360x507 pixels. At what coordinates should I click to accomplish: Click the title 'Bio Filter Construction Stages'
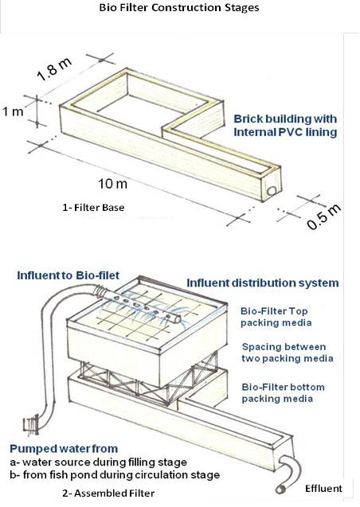179,7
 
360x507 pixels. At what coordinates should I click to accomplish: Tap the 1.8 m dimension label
54,69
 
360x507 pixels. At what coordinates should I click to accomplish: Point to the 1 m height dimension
13,111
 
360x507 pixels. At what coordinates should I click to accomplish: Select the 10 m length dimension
112,184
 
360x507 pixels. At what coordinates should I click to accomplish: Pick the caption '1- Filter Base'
93,207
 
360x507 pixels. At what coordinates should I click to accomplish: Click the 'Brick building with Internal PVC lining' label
285,126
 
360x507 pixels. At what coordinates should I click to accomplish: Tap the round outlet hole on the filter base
272,191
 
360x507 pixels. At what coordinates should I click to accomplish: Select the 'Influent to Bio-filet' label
68,275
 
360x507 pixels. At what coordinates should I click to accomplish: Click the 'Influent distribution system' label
263,283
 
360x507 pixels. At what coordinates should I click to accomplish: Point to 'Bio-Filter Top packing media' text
276,317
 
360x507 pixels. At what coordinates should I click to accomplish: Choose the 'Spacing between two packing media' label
288,353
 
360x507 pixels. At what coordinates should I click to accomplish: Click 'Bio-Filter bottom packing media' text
283,393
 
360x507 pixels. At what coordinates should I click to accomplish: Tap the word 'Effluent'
323,488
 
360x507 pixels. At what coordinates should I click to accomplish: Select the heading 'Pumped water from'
64,449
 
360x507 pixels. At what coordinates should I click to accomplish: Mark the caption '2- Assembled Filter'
108,493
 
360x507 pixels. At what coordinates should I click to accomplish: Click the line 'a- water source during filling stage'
98,462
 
